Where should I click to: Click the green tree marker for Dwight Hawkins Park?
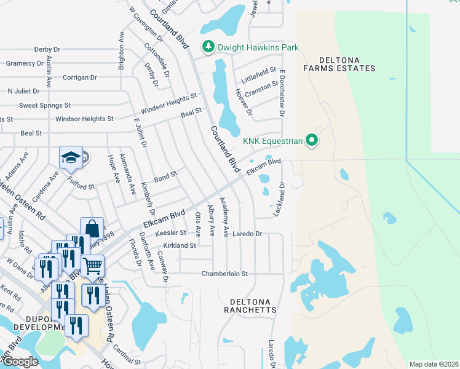click(208, 47)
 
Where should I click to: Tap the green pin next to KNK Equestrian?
click(312, 141)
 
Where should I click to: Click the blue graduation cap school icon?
click(71, 158)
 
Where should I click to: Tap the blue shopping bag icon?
click(92, 228)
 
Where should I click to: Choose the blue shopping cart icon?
click(92, 266)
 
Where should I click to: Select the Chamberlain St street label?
click(224, 273)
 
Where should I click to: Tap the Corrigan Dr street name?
click(79, 77)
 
